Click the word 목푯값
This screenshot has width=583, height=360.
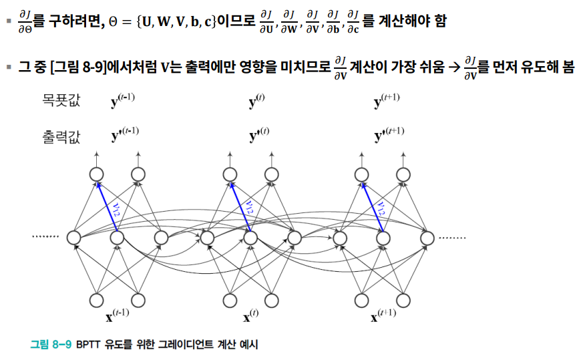[59, 102]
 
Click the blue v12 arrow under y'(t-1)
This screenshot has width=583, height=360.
[107, 204]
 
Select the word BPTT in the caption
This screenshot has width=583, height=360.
[88, 345]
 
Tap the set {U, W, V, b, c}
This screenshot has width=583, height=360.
[174, 21]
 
